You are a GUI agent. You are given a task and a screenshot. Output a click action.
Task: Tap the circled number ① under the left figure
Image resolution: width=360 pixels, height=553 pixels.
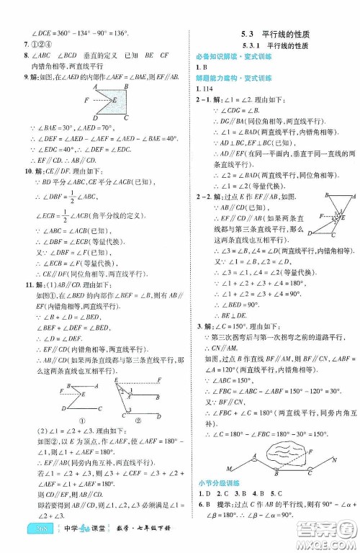pyautogui.click(x=81, y=421)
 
